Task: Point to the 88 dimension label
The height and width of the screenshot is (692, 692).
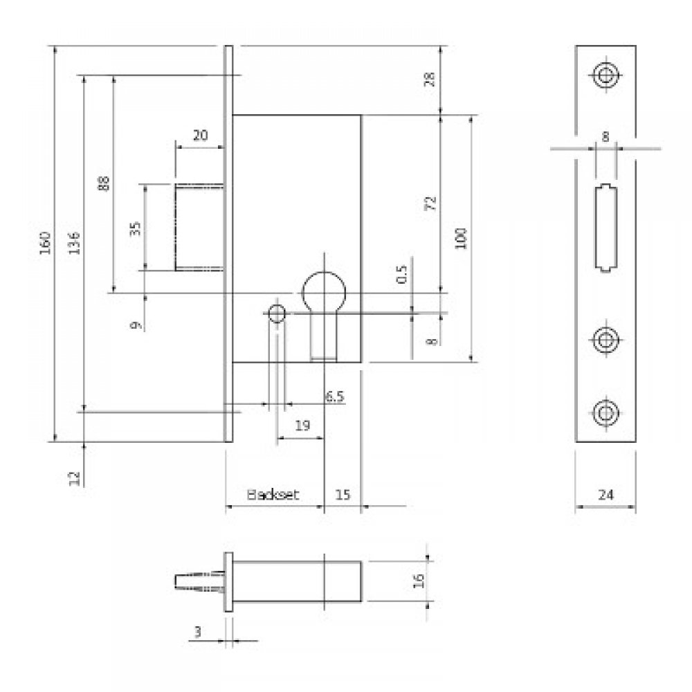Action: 104,184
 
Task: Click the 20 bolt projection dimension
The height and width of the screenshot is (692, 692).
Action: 199,136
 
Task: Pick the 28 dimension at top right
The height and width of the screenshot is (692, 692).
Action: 430,78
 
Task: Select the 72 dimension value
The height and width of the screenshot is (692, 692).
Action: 430,203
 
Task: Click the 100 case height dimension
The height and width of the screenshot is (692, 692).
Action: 462,237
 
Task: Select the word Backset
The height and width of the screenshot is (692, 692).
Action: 273,494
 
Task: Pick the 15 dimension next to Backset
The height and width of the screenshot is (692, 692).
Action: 343,494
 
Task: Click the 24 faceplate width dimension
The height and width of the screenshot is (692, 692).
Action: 605,494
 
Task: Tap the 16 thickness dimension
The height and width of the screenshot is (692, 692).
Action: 417,580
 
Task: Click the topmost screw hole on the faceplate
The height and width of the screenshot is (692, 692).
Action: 605,75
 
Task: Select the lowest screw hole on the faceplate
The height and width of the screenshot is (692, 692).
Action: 605,412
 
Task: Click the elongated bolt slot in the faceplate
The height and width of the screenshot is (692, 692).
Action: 605,228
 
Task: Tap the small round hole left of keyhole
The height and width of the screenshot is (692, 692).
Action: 277,313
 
